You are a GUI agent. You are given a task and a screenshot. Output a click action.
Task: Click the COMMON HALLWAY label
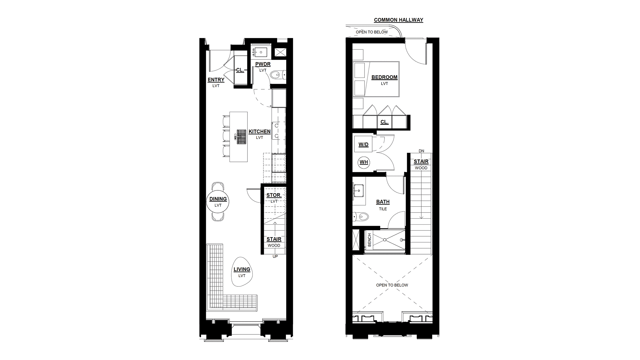pos(398,20)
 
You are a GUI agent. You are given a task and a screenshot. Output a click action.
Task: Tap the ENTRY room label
pos(216,80)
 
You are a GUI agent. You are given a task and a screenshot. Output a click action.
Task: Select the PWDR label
pos(263,64)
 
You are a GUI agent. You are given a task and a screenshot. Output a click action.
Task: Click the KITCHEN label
pos(259,131)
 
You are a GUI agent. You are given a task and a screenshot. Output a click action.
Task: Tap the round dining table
pos(218,202)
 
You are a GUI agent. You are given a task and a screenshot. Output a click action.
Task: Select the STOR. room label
pos(274,195)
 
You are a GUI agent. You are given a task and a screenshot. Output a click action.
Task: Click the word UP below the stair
pos(275,257)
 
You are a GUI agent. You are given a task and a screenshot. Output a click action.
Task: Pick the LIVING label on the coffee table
pos(242,269)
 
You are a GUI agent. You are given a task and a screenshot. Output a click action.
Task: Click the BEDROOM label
pos(384,77)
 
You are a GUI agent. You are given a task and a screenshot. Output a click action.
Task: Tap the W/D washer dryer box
pos(363,145)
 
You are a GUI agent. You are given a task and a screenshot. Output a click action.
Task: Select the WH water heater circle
pos(364,162)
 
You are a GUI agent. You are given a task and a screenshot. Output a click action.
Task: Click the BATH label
pos(383,202)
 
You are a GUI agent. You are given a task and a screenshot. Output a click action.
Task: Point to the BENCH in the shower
pos(369,240)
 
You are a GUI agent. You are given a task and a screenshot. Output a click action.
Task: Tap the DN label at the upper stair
pos(421,151)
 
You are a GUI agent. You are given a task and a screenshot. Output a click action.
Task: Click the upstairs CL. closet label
pos(384,122)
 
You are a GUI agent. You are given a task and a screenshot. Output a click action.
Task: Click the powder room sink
pos(260,52)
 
